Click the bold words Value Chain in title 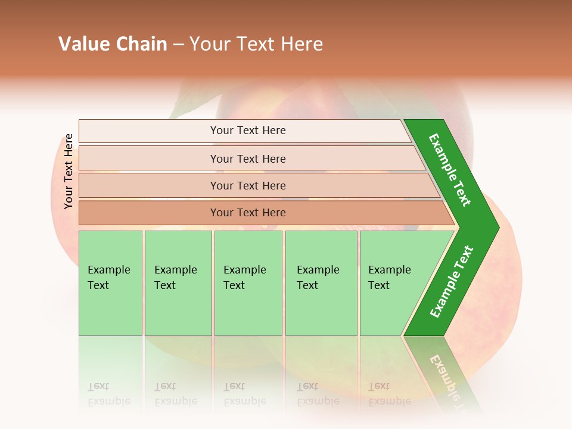tap(113, 44)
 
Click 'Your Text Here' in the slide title tap(256, 44)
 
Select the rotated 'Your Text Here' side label tap(69, 171)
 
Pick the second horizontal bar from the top tap(248, 158)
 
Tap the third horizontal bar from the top tap(248, 185)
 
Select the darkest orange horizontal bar tap(248, 213)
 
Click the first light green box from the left tap(110, 283)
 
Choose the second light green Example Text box tap(178, 283)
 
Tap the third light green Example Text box tap(247, 283)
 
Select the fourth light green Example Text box tap(321, 283)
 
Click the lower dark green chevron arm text tap(451, 282)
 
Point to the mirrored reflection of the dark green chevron tap(444, 369)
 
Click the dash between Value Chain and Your tap(178, 45)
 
